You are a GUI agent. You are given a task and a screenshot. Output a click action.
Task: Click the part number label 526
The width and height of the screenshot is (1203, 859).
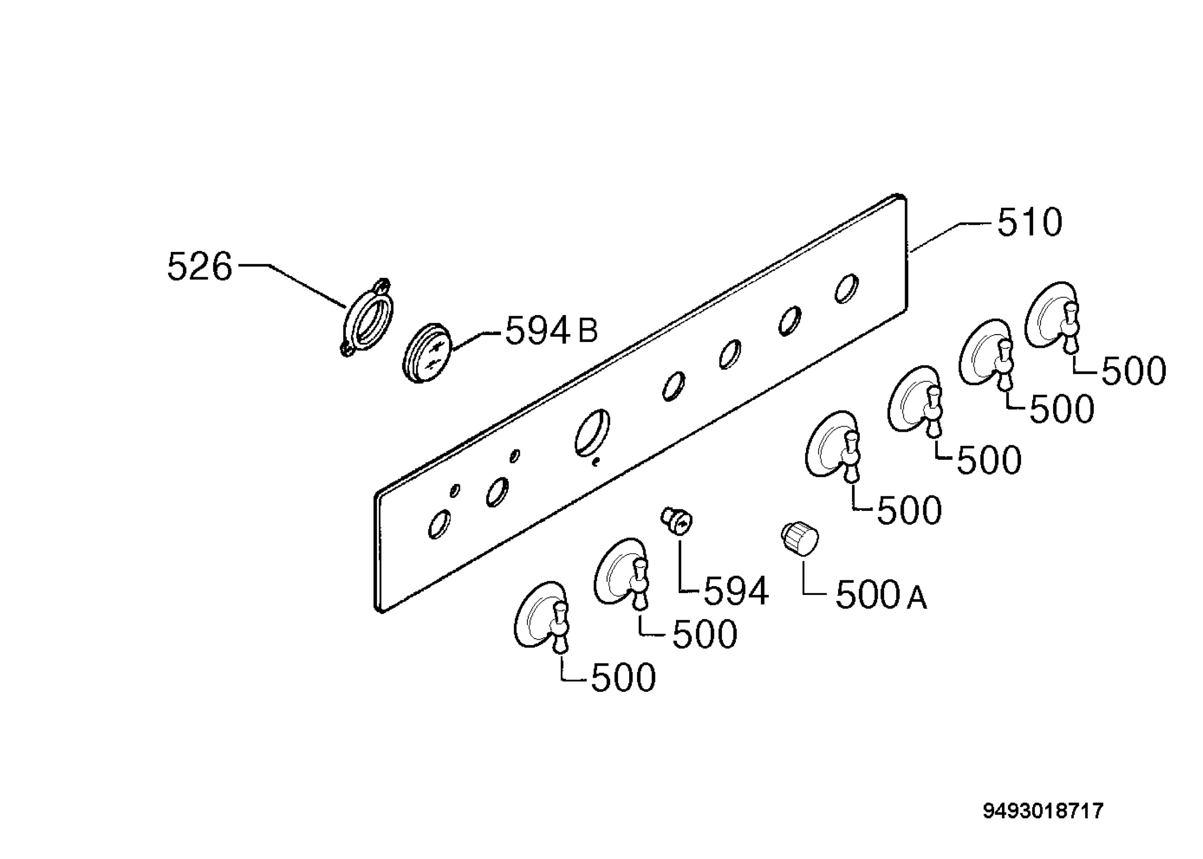click(x=199, y=266)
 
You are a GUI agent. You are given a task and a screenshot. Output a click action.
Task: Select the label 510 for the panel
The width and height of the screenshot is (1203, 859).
click(x=1030, y=222)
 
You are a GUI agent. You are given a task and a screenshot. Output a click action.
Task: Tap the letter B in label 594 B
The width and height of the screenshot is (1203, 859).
click(x=587, y=331)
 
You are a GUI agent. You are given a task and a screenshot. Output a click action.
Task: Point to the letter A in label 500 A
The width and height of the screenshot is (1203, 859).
click(x=917, y=598)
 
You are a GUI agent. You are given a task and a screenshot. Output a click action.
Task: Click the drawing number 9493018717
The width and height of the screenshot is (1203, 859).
click(x=1043, y=811)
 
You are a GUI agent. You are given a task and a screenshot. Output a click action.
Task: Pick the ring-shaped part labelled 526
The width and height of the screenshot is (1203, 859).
click(x=367, y=318)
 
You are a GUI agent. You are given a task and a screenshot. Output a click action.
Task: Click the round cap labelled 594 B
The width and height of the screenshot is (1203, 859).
click(x=428, y=353)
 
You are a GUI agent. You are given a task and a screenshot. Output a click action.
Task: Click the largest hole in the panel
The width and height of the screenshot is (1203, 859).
click(x=592, y=432)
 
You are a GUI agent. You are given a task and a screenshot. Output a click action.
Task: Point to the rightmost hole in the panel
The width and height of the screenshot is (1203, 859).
click(x=847, y=289)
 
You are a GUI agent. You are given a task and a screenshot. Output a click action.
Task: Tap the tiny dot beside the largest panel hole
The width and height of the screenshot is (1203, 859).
click(x=596, y=462)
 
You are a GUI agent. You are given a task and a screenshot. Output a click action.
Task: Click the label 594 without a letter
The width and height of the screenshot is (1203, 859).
click(x=736, y=592)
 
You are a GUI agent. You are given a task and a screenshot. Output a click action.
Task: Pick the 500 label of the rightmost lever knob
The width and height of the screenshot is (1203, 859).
click(x=1134, y=371)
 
